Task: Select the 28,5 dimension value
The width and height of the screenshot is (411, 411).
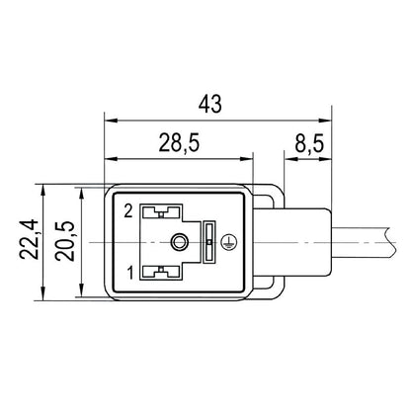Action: (179, 144)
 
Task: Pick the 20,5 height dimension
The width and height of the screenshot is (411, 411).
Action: (68, 241)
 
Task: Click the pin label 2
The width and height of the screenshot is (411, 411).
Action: (128, 211)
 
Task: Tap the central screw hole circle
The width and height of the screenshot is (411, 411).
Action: (178, 242)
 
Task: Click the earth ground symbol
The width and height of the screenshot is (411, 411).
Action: (229, 238)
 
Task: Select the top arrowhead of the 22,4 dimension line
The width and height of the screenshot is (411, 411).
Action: (42, 187)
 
